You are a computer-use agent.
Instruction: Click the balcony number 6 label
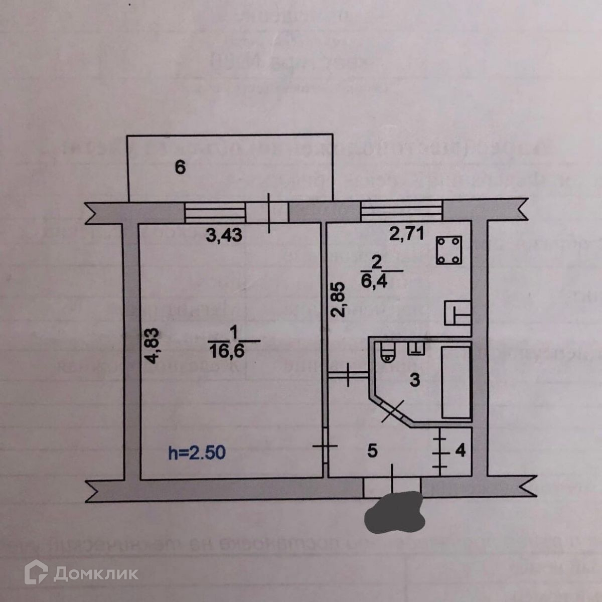coord(180,168)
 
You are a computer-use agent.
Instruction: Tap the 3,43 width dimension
coord(224,235)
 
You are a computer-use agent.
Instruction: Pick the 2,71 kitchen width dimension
coord(407,233)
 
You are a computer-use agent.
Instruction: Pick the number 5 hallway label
coord(372,451)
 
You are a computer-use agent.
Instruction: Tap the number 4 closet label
coord(460,450)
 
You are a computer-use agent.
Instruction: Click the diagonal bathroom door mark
coord(394,412)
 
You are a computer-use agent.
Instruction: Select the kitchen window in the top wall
coord(401,210)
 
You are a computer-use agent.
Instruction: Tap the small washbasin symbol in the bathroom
coord(415,347)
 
